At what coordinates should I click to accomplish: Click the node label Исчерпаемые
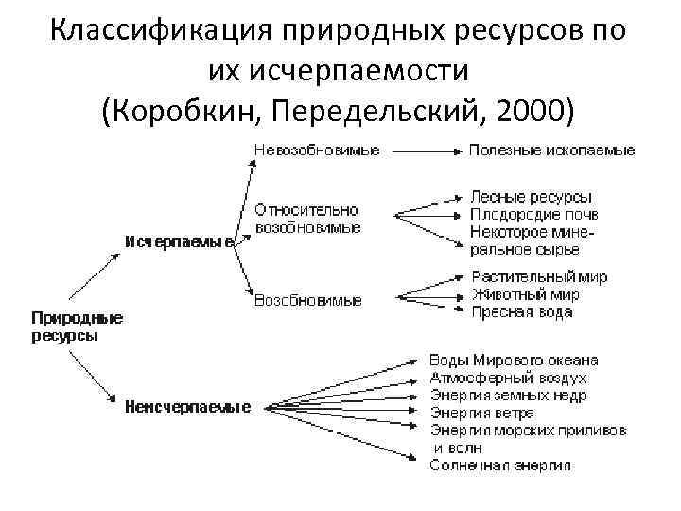coord(181,241)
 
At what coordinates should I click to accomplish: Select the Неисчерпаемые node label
coord(187,408)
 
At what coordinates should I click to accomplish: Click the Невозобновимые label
coord(315,150)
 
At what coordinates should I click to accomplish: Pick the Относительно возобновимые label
coord(306,219)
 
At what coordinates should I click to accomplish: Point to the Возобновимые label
coord(307,300)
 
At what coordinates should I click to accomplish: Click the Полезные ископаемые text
coord(552,150)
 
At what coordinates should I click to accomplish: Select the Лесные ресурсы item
coord(531,197)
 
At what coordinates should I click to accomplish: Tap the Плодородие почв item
coord(533,214)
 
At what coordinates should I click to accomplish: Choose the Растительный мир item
coord(539,277)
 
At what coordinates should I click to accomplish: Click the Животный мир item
coord(525,294)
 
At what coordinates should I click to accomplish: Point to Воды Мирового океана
coord(514,361)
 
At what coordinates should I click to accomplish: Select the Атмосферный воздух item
coord(507,378)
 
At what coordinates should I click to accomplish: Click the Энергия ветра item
coord(481,413)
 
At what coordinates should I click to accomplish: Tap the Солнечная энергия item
coord(499,465)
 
